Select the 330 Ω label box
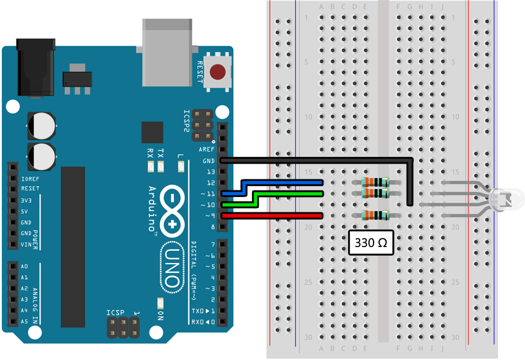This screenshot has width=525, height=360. tap(371, 243)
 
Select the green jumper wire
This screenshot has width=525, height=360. tap(287, 193)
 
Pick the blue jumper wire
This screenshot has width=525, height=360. tap(287, 182)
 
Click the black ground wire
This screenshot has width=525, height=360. tap(317, 160)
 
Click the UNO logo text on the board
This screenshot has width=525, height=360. tap(172, 267)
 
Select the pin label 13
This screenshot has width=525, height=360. tap(210, 172)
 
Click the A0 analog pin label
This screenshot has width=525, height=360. tap(24, 267)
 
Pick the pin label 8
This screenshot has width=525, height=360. tap(212, 227)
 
